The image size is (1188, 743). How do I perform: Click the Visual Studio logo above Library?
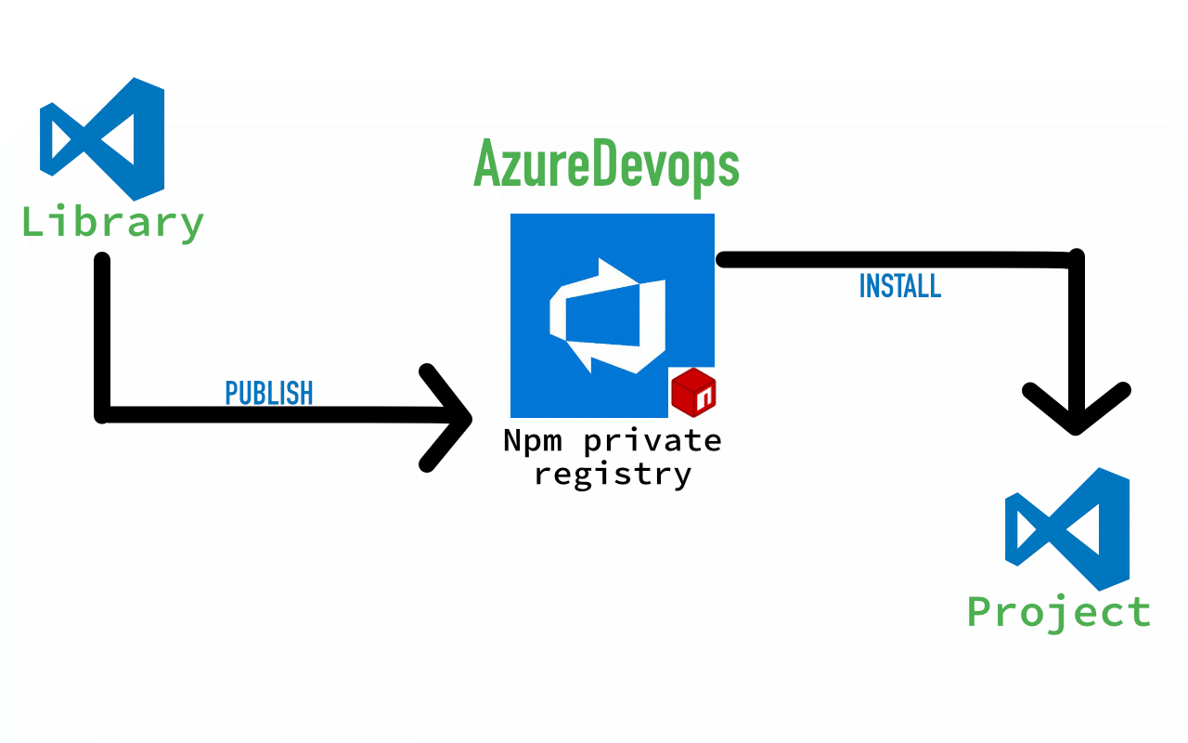pyautogui.click(x=102, y=139)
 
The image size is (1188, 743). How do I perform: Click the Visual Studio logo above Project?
pyautogui.click(x=1067, y=529)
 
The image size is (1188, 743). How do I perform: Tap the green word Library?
pyautogui.click(x=112, y=224)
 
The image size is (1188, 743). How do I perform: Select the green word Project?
pyautogui.click(x=1059, y=613)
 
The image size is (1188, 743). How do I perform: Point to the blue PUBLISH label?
pyautogui.click(x=269, y=394)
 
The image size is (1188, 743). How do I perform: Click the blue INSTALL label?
pyautogui.click(x=900, y=286)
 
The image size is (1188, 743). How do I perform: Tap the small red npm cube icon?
pyautogui.click(x=695, y=391)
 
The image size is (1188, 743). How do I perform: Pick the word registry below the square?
pyautogui.click(x=613, y=475)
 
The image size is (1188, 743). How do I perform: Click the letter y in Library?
pyautogui.click(x=189, y=228)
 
